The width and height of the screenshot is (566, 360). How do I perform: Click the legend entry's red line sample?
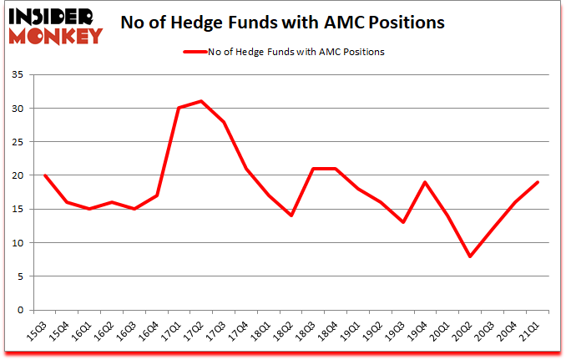[x=199, y=52]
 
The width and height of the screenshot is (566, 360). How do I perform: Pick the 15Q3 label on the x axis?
[x=38, y=329]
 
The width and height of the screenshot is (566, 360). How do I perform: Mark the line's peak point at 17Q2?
[x=201, y=102]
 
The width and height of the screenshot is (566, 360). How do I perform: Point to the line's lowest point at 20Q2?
[x=472, y=256]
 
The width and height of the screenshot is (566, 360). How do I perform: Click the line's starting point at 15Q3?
[x=44, y=175]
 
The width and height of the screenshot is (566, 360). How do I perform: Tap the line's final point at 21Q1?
[x=539, y=182]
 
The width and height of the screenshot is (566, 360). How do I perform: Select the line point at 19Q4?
[x=427, y=182]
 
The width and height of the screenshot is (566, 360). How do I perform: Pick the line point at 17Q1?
[x=179, y=109]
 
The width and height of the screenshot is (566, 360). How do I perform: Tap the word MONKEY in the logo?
[x=55, y=35]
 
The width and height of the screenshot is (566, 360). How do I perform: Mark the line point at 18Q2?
[x=291, y=215]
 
